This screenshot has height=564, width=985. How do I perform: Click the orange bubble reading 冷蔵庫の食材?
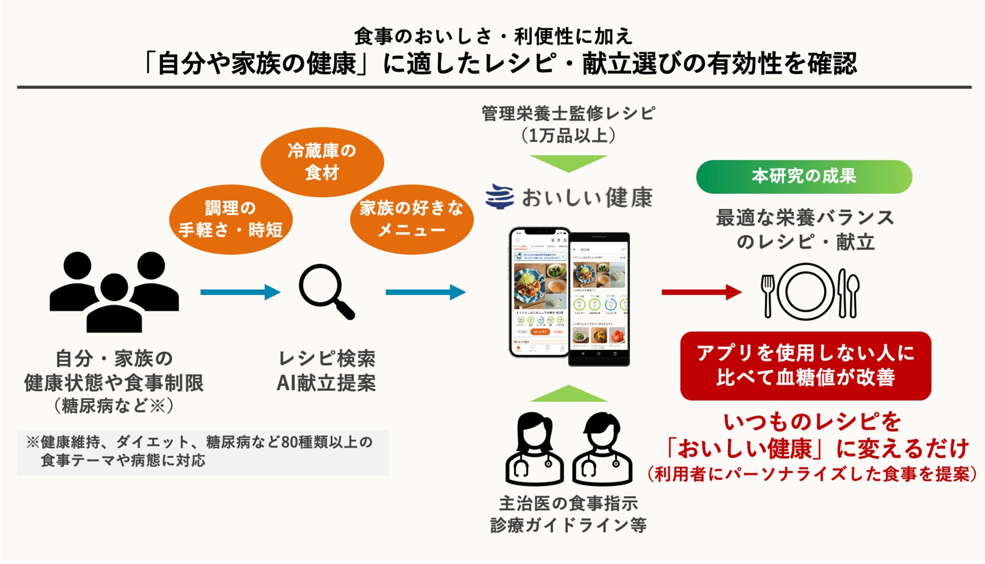[x=322, y=162]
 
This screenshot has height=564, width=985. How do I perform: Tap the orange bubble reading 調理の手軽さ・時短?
[x=230, y=219]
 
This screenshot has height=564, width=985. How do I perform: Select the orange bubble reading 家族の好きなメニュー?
[x=412, y=219]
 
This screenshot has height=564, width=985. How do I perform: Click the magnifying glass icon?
[x=326, y=291]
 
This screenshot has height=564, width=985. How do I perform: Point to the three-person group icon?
[x=114, y=292]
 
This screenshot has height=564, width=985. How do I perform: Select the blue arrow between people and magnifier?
[x=240, y=292]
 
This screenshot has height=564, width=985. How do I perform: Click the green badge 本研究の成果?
[x=804, y=177]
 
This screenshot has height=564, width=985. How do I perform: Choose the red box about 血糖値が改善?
[x=805, y=366]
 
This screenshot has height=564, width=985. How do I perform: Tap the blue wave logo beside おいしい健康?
[x=499, y=197]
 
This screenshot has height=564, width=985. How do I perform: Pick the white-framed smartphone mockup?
[x=539, y=292]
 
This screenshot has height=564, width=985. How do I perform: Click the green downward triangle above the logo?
[x=568, y=163]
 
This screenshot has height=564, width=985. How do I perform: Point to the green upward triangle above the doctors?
[x=568, y=394]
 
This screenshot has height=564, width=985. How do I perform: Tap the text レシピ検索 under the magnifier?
[x=327, y=359]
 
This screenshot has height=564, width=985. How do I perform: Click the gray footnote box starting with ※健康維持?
[x=203, y=452]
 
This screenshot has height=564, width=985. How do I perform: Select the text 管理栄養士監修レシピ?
[x=568, y=113]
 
